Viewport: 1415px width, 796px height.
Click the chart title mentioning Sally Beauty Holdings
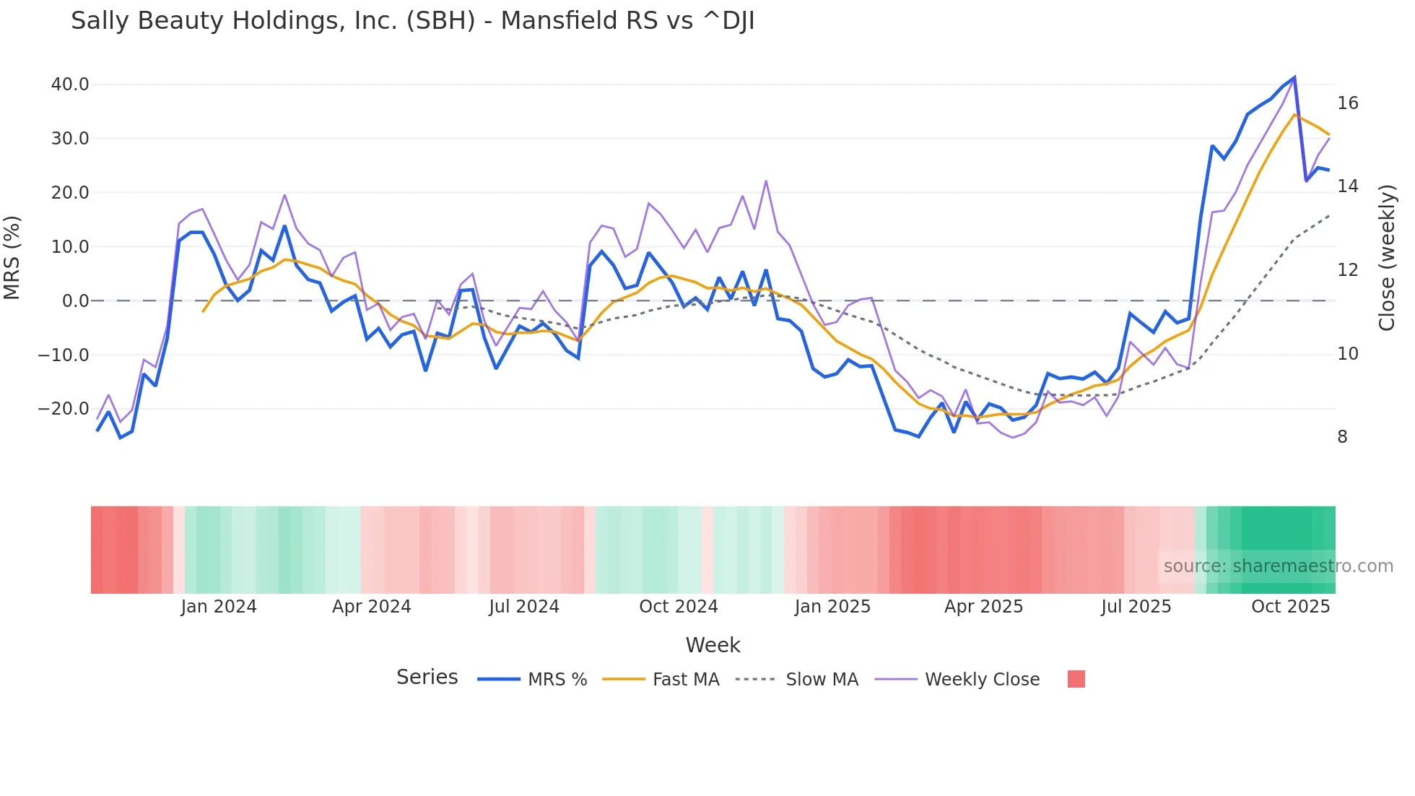coord(412,21)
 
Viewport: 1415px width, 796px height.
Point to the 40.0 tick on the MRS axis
coord(70,85)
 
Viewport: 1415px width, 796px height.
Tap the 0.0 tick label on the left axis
coord(75,301)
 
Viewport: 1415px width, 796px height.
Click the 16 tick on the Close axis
coord(1347,103)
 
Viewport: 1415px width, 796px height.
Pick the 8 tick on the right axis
coord(1342,437)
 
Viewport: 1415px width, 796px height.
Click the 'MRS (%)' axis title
coord(12,258)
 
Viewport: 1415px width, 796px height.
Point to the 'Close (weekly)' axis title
coord(1386,258)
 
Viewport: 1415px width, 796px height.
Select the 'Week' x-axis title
coord(713,645)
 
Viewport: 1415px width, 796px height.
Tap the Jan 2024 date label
coord(219,607)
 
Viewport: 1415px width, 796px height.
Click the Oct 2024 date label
coord(678,607)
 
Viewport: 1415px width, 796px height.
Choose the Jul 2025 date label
coord(1136,607)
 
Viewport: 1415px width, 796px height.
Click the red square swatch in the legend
coord(1076,679)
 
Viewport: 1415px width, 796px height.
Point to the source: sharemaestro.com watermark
coord(1278,566)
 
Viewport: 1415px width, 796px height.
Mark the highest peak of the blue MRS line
coord(1294,77)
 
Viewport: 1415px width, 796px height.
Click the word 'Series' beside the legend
coord(427,678)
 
